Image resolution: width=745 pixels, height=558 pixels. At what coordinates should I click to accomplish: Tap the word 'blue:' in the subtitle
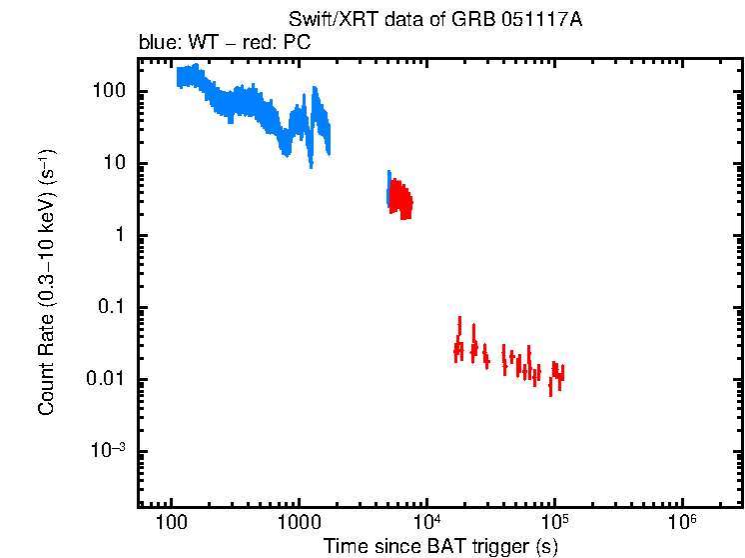click(156, 44)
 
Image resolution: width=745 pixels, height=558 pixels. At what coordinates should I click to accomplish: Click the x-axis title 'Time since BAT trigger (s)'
click(439, 546)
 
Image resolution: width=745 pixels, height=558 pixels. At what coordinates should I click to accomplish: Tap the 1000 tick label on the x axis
click(299, 523)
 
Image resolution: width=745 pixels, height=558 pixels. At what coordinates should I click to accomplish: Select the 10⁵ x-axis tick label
click(554, 522)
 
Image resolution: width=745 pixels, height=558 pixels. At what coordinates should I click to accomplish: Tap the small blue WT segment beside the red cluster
click(388, 188)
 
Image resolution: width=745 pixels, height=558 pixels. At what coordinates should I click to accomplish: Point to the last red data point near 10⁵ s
click(561, 374)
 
